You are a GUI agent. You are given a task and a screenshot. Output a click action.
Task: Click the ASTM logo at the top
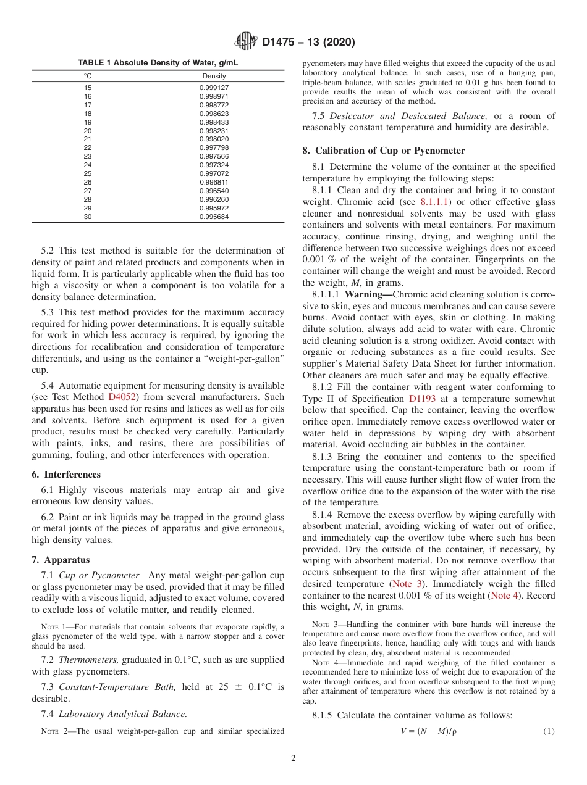(245, 42)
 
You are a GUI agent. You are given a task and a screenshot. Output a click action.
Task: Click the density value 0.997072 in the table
(214, 174)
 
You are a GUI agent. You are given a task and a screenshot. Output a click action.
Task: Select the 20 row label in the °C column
(88, 131)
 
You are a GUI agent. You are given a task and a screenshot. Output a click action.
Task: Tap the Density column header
(214, 76)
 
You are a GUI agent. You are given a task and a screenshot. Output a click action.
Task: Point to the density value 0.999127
(214, 88)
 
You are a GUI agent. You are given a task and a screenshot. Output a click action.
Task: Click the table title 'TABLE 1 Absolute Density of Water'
(158, 63)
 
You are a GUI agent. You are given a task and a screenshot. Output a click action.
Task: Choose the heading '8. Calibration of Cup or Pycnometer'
(384, 151)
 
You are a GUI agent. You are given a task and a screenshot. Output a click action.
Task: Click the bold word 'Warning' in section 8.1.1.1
(368, 294)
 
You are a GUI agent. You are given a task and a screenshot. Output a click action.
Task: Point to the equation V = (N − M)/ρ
(428, 731)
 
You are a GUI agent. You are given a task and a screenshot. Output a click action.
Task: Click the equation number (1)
(549, 731)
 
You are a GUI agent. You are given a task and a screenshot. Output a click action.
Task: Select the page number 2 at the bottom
(293, 758)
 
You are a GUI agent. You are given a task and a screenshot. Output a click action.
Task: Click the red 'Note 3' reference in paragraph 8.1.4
(407, 584)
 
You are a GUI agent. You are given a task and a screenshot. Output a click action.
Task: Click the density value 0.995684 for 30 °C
(214, 217)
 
